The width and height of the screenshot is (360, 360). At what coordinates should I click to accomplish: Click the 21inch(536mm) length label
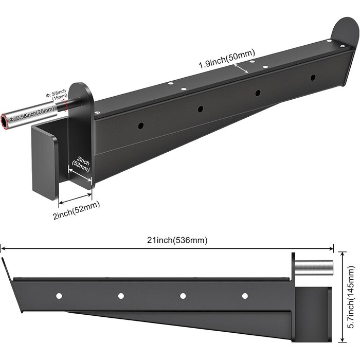click(177, 240)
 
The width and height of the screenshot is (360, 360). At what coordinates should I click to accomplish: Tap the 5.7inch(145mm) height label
click(351, 297)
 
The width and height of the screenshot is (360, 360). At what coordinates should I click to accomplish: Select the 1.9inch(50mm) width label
click(227, 59)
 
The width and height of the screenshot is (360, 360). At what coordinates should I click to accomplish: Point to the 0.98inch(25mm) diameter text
click(31, 114)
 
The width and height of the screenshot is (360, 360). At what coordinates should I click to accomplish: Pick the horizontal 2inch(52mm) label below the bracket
click(76, 210)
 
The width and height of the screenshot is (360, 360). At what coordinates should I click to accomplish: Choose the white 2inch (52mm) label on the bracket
click(81, 164)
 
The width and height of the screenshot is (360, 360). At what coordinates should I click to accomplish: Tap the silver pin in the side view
click(314, 268)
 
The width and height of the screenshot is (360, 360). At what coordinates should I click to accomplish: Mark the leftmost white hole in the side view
click(59, 296)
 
